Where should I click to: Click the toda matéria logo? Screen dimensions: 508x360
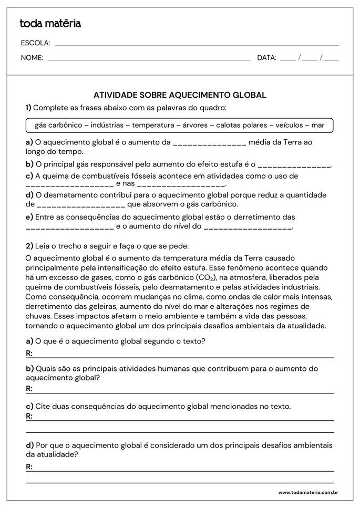click(x=50, y=23)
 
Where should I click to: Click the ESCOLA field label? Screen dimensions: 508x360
click(x=35, y=43)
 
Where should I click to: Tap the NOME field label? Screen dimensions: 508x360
click(x=32, y=58)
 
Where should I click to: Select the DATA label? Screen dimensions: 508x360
click(x=266, y=58)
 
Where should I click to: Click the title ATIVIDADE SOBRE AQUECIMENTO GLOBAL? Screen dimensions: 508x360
click(x=180, y=95)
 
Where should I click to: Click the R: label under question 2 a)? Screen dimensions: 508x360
click(x=29, y=354)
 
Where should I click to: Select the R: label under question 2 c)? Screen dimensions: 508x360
click(x=29, y=416)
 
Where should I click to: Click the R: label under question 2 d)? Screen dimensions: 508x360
click(x=29, y=466)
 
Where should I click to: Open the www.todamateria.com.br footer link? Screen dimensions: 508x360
click(x=307, y=493)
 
